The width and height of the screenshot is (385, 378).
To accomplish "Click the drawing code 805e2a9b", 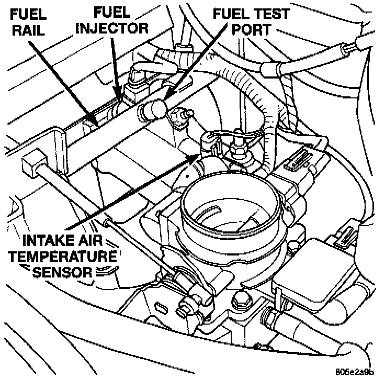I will tap(356, 372).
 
